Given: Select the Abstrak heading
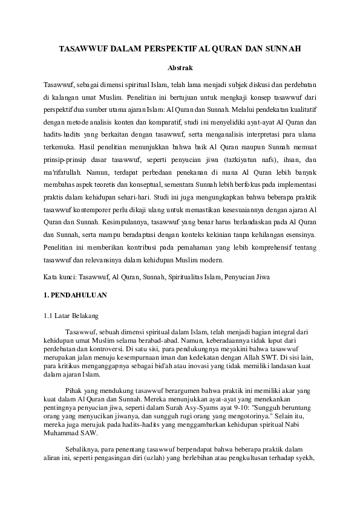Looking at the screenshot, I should click(180, 68).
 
